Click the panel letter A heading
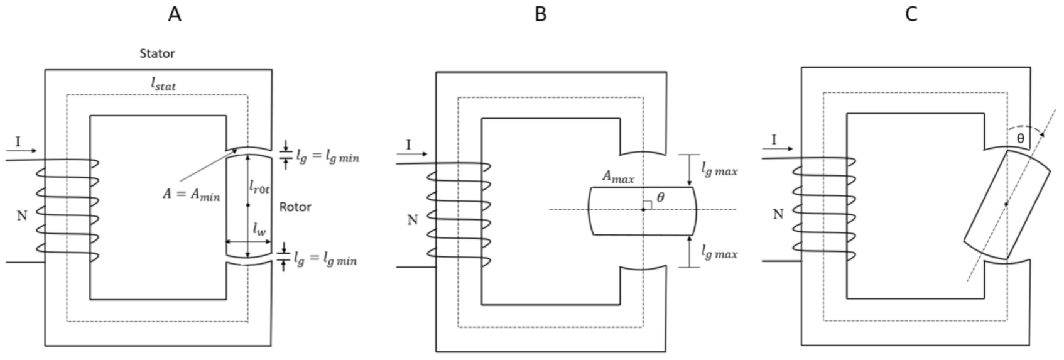click(175, 14)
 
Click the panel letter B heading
click(540, 14)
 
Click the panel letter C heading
click(911, 14)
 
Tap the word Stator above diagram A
click(157, 53)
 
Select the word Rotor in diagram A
click(295, 207)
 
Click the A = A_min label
click(191, 195)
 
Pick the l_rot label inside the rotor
click(259, 187)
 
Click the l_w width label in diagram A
click(259, 231)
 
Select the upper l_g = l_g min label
click(327, 156)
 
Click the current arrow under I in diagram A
click(23, 151)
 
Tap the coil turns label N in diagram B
click(412, 220)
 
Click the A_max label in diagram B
click(618, 177)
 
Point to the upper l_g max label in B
click(719, 170)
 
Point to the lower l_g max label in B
click(719, 253)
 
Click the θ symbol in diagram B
click(660, 197)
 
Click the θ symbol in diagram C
click(1020, 138)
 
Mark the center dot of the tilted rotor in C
click(1006, 204)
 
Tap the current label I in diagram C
click(774, 139)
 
